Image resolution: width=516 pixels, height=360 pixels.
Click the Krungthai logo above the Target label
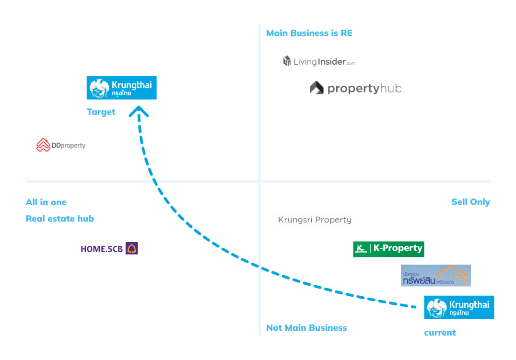[x=121, y=88]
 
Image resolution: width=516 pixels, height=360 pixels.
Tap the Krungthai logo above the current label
[x=459, y=307]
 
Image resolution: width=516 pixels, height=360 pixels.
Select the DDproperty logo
[x=61, y=145]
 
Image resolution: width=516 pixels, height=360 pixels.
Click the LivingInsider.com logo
[x=319, y=61]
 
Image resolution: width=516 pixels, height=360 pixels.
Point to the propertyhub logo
[x=355, y=88]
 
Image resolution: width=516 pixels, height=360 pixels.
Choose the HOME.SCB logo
[x=109, y=248]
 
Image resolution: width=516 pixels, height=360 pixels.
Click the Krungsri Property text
[x=315, y=220]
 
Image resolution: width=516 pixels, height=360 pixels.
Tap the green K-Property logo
[x=388, y=249]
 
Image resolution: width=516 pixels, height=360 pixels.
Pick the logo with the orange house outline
[x=435, y=276]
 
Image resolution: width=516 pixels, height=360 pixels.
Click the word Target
[x=101, y=112]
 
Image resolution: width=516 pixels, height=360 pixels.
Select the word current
[x=440, y=333]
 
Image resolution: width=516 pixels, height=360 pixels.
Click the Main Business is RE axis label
[x=309, y=33]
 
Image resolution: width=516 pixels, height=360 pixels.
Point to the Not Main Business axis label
[x=306, y=328]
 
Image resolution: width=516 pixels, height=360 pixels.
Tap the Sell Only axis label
[x=470, y=202]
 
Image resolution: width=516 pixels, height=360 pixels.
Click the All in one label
[x=46, y=202]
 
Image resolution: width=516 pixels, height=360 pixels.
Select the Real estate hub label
[x=60, y=219]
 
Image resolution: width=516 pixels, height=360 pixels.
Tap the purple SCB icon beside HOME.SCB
[x=132, y=248]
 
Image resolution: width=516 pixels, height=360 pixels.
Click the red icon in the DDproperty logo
[x=43, y=145]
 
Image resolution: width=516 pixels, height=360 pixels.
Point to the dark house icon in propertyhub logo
[x=317, y=88]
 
